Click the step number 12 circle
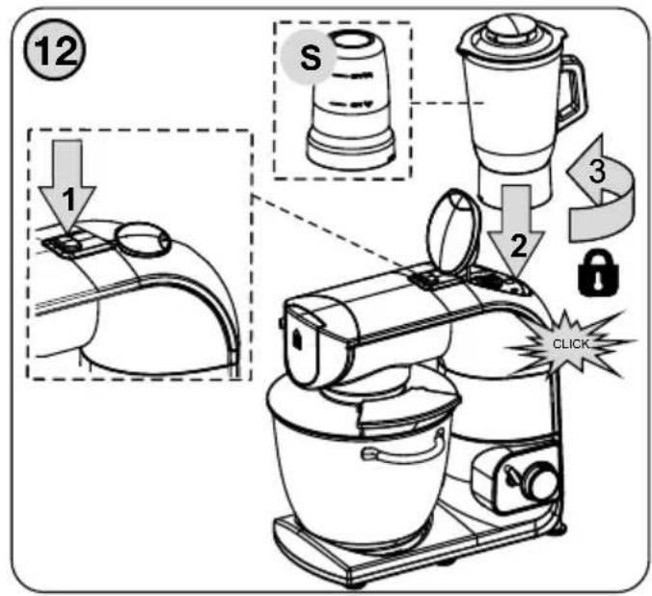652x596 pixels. [55, 51]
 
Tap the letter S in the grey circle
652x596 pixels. [311, 58]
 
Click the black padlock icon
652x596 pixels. [598, 272]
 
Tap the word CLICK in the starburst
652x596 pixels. [571, 344]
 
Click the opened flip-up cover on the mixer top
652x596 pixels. [452, 234]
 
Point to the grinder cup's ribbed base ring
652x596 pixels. [350, 150]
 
